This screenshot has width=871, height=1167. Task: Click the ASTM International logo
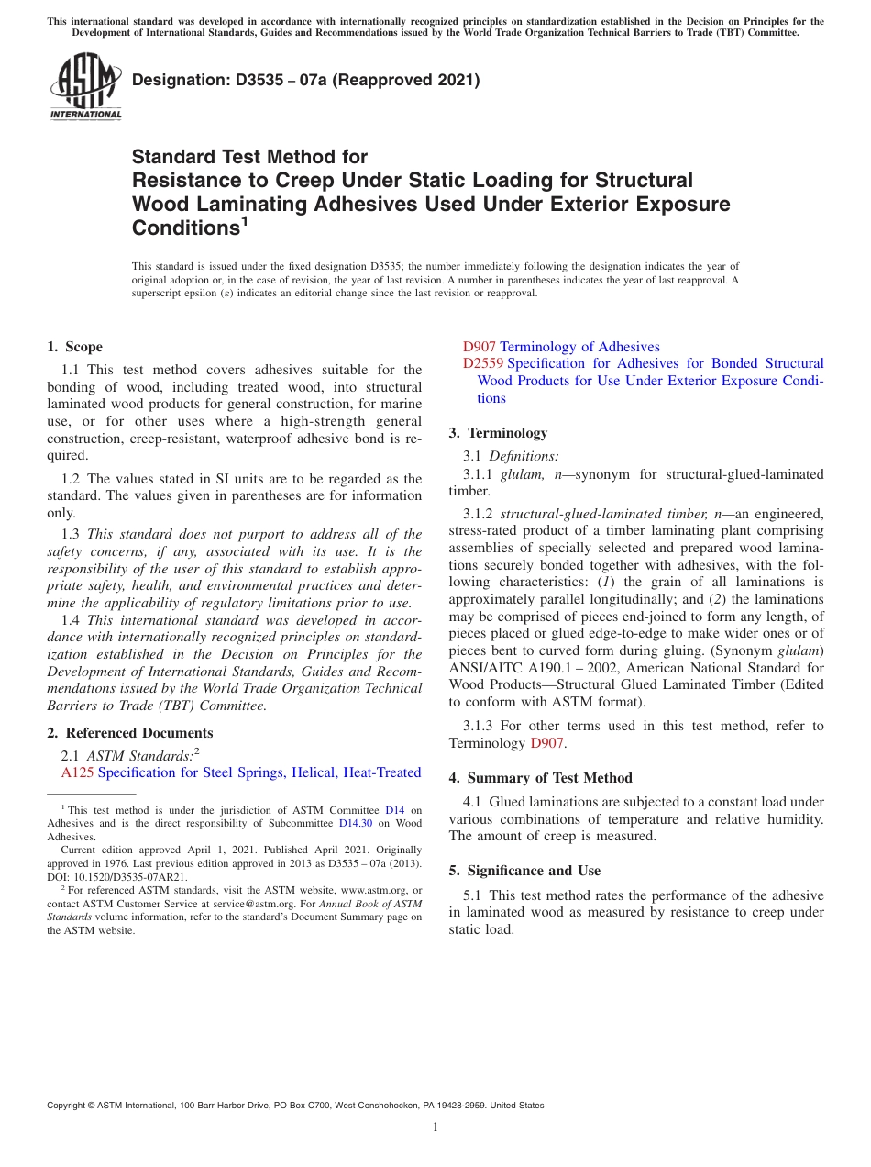click(x=85, y=86)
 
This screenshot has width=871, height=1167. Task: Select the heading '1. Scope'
click(x=74, y=347)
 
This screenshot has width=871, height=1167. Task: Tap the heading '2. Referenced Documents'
click(x=129, y=732)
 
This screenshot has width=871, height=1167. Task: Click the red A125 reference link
click(x=77, y=772)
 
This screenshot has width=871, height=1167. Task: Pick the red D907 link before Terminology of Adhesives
click(x=479, y=347)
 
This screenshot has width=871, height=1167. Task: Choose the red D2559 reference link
click(x=483, y=363)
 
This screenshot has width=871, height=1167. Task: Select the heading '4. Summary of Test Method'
click(x=540, y=777)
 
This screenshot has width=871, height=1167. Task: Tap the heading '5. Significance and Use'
click(x=524, y=870)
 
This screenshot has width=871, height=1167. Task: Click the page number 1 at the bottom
click(x=435, y=1127)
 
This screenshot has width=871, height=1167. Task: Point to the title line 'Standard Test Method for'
click(x=249, y=157)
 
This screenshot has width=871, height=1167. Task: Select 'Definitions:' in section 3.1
click(x=523, y=456)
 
